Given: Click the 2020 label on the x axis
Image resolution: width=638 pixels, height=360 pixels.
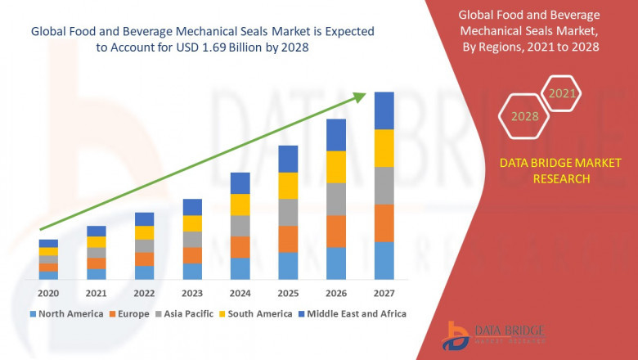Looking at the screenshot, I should [x=48, y=293].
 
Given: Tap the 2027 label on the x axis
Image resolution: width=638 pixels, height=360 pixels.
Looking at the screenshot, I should [x=384, y=293].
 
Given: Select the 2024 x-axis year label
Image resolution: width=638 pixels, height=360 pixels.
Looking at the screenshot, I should [x=240, y=293].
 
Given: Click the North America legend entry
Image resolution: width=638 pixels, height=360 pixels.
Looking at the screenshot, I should [x=66, y=313].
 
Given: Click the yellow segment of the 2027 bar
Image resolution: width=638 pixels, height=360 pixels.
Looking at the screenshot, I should [x=384, y=148].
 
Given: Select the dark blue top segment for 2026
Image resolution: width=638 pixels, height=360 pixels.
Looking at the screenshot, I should [x=336, y=135].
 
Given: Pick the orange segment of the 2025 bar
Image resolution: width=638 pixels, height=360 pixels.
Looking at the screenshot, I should [x=288, y=239].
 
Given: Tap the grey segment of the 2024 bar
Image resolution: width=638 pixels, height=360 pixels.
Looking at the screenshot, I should [x=240, y=226].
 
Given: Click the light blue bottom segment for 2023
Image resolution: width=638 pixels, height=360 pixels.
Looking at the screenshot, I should [x=192, y=272].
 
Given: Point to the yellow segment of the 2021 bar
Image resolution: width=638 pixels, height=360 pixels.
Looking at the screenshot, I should [x=97, y=241].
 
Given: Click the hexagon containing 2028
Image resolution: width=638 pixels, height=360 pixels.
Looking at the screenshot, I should [x=524, y=117].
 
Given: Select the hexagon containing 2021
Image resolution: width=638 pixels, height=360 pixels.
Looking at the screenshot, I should [x=562, y=94].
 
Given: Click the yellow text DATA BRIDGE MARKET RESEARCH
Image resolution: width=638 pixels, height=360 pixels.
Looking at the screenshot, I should [x=544, y=171].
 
